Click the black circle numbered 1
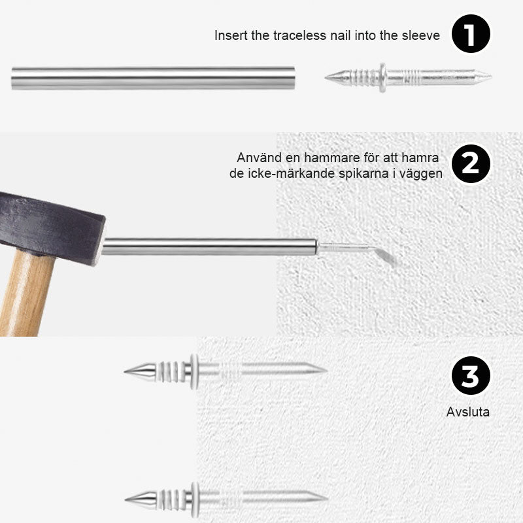click(471, 34)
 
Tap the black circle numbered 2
click(471, 163)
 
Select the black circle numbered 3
click(471, 375)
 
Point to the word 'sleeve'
click(420, 35)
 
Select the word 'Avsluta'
click(468, 412)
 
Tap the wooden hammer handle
click(25, 294)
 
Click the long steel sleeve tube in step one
click(154, 78)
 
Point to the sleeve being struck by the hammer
click(209, 247)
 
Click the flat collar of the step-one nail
click(382, 78)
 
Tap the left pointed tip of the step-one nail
click(326, 77)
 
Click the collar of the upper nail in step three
click(194, 371)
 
